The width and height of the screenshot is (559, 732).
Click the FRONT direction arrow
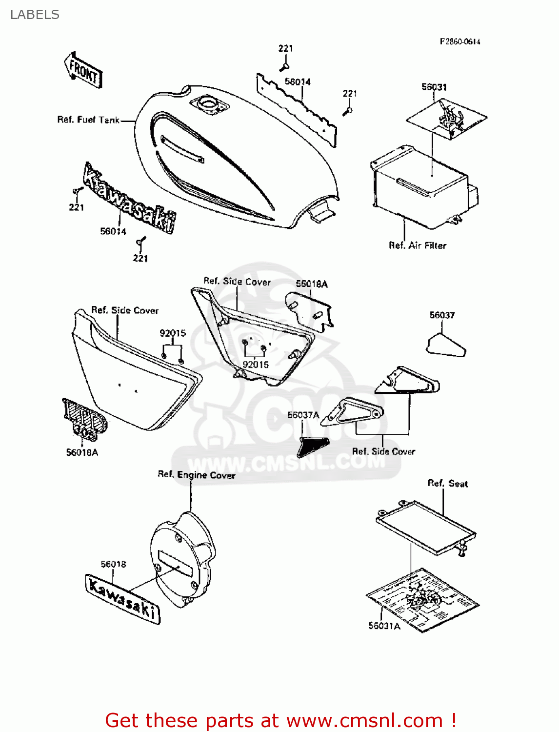(83, 71)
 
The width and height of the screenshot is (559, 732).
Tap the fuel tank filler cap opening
(210, 104)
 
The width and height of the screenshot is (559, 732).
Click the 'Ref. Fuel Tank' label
(88, 120)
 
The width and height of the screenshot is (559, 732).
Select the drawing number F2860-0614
(459, 42)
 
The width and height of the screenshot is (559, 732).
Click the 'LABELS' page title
(35, 15)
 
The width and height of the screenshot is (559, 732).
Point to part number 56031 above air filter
(434, 87)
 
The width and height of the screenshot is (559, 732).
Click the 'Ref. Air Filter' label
(417, 245)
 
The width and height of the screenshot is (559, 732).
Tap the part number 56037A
(303, 415)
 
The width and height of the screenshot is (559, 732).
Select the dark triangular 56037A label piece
(313, 446)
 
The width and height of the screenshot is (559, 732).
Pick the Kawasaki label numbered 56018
(123, 598)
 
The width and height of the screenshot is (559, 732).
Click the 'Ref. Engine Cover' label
(196, 475)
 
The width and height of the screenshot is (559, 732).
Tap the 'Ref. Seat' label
(447, 484)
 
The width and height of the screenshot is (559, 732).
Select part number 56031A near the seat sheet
(384, 626)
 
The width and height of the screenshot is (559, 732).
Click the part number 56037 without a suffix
(442, 315)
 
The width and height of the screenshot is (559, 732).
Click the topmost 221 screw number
(285, 48)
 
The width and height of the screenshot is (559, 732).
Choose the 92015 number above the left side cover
(173, 333)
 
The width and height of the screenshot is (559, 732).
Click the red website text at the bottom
(280, 720)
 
